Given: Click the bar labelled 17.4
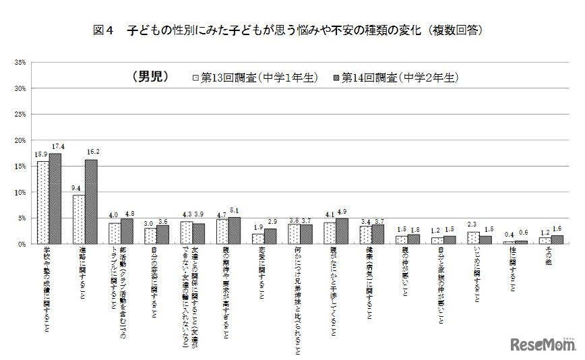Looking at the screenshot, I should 55,198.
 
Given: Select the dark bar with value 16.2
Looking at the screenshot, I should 91,201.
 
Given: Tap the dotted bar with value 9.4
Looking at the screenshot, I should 79,218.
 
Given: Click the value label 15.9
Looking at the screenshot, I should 42,156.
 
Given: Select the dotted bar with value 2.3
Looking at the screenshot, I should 473,237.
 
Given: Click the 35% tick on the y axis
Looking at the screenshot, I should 19,63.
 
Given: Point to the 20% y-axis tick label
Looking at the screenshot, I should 19,140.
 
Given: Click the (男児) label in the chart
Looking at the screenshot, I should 144,76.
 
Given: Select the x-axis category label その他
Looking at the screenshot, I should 550,256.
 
